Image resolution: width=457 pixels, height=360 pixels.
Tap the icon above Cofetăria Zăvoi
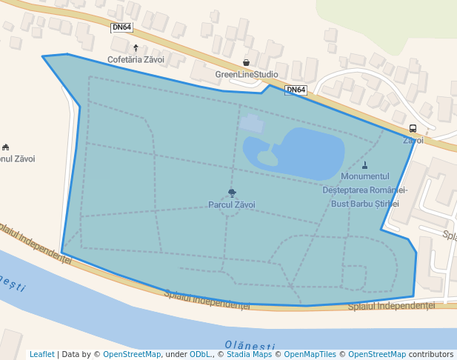coord(136,47)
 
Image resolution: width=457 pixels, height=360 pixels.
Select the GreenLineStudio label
coord(247,74)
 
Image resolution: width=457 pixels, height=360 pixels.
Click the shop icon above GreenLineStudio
coord(247,63)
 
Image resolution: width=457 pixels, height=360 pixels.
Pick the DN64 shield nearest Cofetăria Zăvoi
coord(121,27)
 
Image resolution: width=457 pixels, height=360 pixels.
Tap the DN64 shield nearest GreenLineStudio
coord(296,90)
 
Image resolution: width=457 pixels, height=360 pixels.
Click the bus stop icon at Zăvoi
coord(413,128)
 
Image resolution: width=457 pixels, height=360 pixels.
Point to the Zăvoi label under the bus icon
coord(413,140)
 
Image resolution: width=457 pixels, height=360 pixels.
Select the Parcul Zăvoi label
coord(232,204)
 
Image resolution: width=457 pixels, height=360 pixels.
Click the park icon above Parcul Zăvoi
coord(232,193)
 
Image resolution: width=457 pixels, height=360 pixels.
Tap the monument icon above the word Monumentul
coord(365,165)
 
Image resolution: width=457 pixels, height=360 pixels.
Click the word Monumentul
coord(365,176)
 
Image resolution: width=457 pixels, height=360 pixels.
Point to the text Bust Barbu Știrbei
coord(364,203)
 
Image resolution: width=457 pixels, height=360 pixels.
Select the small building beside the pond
coord(252,124)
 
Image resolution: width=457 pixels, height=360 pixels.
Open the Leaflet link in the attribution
coord(42,354)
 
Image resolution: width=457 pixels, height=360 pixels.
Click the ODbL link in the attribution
coord(201,354)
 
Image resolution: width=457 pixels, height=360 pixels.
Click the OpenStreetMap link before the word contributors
coord(377,354)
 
